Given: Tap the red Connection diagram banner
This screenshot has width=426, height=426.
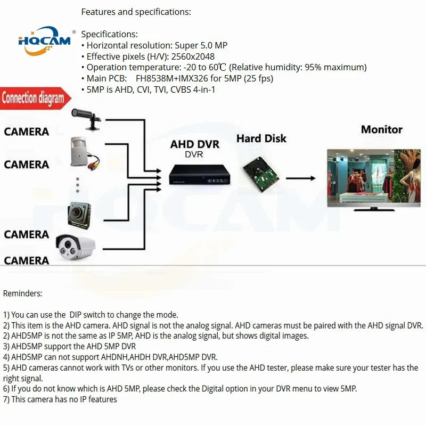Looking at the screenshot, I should click(33, 99).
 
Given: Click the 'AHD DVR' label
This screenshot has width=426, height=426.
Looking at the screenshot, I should click(194, 144).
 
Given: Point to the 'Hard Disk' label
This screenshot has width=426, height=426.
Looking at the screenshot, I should click(261, 138).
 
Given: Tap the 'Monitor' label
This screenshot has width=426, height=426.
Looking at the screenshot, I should click(381, 129).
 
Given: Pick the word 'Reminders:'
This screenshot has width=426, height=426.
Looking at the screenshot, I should click(22, 293).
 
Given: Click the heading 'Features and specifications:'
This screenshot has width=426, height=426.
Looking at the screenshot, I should click(136, 12).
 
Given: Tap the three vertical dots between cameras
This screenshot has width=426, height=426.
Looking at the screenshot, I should click(77, 184).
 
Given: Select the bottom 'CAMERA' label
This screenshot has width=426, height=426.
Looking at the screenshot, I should click(27, 260).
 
